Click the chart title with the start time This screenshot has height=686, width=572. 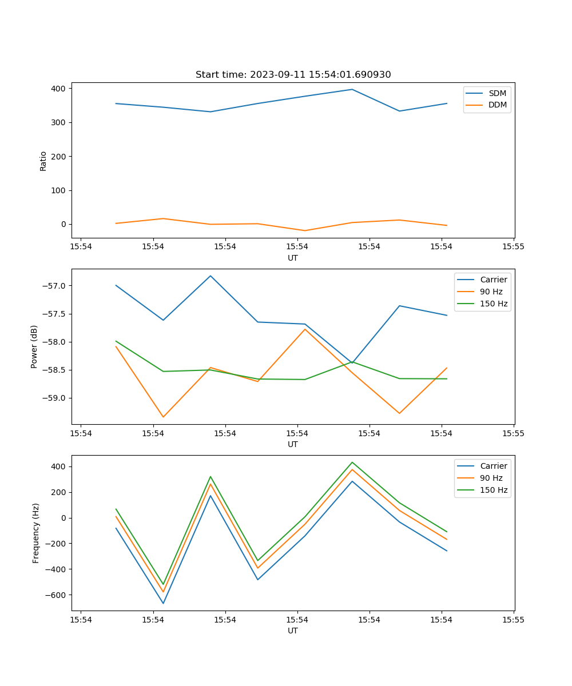tap(293, 75)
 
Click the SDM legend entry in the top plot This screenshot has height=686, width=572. tap(497, 93)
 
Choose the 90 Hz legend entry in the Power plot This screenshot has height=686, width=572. tap(491, 292)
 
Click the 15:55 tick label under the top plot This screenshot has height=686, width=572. tap(513, 247)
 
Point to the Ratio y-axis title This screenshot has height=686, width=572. tap(43, 161)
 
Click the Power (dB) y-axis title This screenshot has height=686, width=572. tap(34, 346)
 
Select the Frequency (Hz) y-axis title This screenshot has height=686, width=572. tap(36, 533)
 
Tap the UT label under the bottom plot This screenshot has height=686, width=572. tap(293, 631)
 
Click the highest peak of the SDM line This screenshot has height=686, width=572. tap(352, 89)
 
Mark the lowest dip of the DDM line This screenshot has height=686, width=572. tap(305, 231)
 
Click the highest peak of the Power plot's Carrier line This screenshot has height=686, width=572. tap(210, 276)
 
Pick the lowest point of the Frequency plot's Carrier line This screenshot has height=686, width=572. tap(163, 603)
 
